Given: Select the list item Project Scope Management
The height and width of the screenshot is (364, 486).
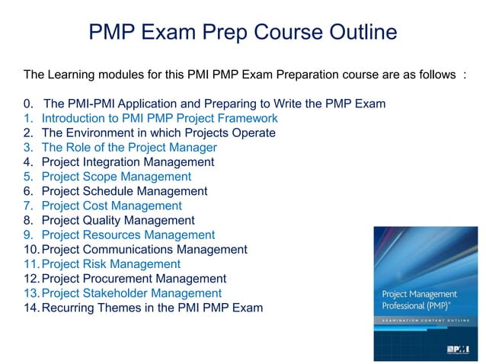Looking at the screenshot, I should click(116, 177).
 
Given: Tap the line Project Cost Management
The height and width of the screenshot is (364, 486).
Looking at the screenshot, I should click(111, 206).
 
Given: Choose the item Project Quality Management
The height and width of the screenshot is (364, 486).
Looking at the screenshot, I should click(119, 220).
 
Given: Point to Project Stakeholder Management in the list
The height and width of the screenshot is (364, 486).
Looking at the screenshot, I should click(131, 293).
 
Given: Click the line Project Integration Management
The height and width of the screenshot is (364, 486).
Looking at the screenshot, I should click(127, 162).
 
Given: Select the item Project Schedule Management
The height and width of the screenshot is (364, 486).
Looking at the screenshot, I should click(124, 191).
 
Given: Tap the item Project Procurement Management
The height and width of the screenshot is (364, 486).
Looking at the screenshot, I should click(133, 279).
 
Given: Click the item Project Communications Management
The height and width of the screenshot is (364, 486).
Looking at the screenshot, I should click(144, 249).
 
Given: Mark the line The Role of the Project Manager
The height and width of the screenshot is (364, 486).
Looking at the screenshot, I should click(129, 148).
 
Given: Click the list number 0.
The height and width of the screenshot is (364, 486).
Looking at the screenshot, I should click(27, 104).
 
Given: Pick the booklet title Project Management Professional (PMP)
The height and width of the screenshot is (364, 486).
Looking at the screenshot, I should click(420, 301).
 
